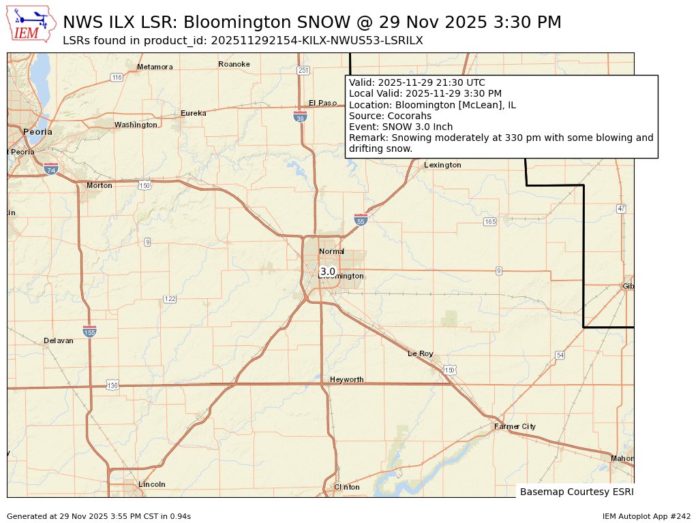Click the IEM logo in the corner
point(31,24)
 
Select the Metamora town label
point(155,67)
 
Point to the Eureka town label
point(193,113)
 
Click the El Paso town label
point(322,103)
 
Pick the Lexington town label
point(442,165)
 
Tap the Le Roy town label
point(421,353)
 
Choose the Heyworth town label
point(346,379)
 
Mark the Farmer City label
point(515,426)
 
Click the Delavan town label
point(58,340)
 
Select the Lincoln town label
point(151,484)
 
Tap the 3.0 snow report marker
point(328,271)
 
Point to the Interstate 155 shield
point(89,330)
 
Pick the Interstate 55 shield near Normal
point(361,219)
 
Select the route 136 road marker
point(112,385)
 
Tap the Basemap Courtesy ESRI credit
point(575,491)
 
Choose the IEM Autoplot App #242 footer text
point(646,516)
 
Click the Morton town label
point(99,185)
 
